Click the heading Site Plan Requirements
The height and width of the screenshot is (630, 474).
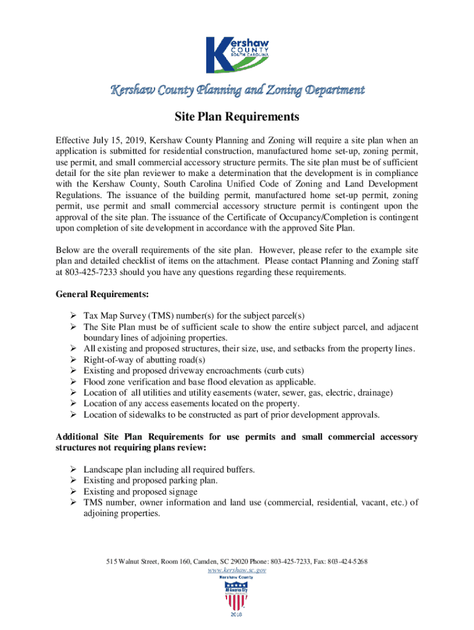coord(237,117)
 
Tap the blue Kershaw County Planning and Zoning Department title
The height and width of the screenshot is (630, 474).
coord(237,90)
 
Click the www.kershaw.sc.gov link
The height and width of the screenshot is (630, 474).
coord(237,570)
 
